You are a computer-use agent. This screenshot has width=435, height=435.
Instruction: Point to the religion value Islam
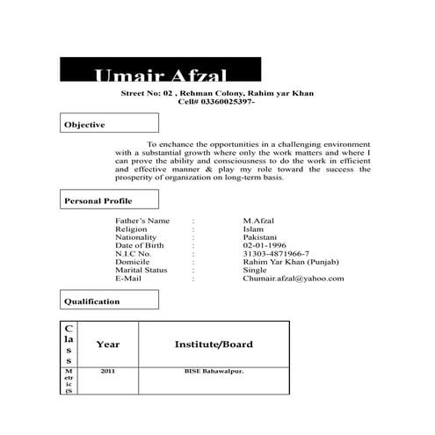click(253, 228)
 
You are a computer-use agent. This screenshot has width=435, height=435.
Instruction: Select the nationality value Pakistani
click(259, 237)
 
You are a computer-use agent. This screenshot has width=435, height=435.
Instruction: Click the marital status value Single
click(254, 270)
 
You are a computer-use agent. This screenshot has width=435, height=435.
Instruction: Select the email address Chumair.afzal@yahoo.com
click(294, 279)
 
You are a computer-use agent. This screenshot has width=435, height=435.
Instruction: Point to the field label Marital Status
click(141, 270)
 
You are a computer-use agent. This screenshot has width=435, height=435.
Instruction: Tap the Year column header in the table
click(108, 344)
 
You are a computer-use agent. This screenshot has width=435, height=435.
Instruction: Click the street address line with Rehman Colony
click(217, 92)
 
